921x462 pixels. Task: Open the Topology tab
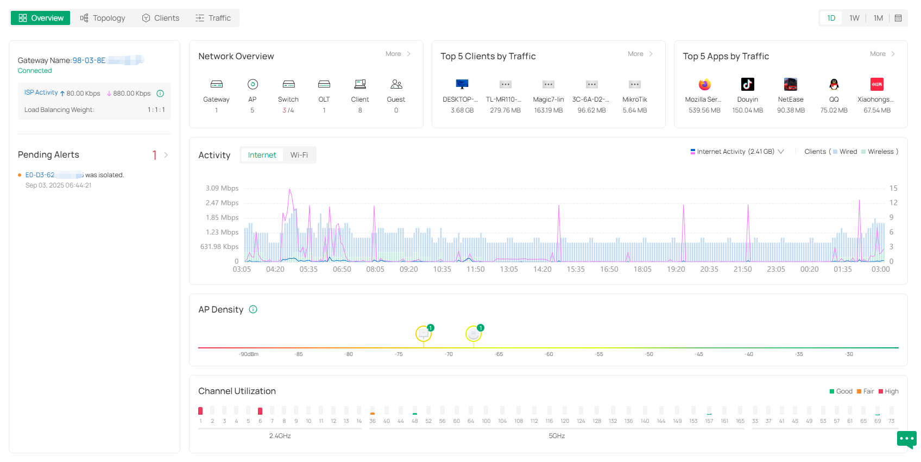coord(103,18)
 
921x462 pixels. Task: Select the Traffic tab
coord(213,18)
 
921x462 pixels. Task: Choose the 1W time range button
coord(854,18)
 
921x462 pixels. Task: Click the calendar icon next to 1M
coord(898,18)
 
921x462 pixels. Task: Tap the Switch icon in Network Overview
coord(288,84)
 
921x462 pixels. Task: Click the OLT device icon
coord(324,84)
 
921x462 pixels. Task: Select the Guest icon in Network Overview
coord(396,84)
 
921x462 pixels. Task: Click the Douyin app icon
coord(748,84)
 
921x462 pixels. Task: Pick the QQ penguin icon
coord(834,84)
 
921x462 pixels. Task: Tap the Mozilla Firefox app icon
coord(704,84)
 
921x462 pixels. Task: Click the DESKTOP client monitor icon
coord(462,84)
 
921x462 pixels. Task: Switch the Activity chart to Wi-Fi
coord(299,155)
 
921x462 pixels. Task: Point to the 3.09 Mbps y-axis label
coord(222,188)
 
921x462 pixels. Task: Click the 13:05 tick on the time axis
coord(509,269)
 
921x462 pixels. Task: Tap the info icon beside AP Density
coord(253,309)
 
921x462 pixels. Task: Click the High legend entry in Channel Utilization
coord(888,391)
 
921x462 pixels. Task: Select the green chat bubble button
coord(906,439)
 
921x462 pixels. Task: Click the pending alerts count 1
coord(155,155)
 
